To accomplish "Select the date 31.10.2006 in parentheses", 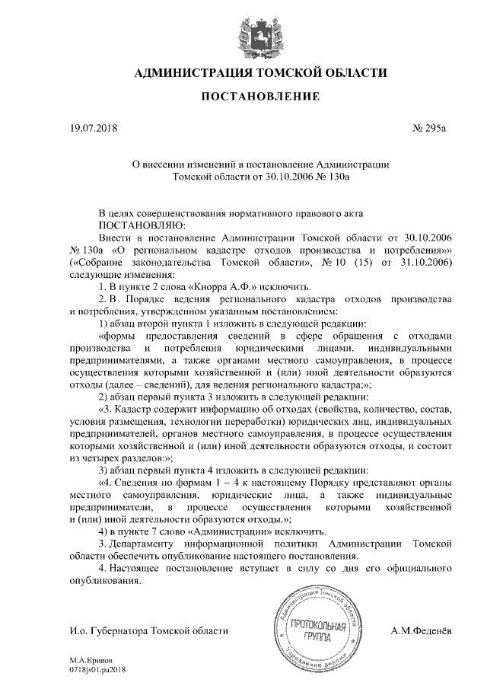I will pos(428,262).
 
